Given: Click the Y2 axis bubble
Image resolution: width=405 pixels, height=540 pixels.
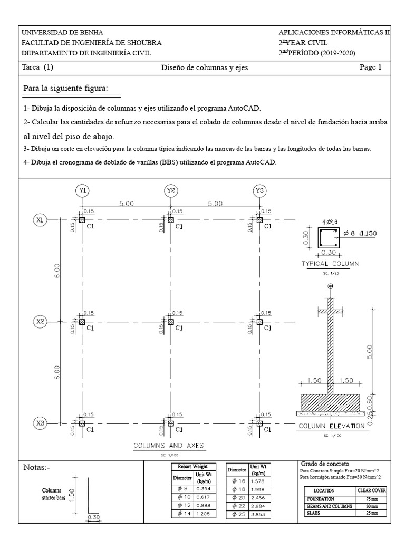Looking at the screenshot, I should point(170,190).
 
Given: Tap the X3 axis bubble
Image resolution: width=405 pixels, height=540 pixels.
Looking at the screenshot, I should point(40,423).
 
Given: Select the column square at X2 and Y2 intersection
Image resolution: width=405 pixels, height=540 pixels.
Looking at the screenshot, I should point(170,321).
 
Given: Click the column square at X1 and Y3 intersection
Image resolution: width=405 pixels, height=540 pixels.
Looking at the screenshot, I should point(259,220).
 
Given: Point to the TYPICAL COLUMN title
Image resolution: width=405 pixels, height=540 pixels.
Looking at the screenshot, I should point(330,263).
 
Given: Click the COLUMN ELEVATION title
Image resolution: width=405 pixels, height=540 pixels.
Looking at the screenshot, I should point(331,426).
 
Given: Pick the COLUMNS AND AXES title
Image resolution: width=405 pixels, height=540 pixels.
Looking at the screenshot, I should point(169,445).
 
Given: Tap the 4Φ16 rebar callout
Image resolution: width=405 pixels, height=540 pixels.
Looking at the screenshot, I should point(330,221).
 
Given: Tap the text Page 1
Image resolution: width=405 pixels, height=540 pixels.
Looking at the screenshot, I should point(370,67).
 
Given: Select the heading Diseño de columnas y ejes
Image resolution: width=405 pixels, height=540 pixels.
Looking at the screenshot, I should point(204,67).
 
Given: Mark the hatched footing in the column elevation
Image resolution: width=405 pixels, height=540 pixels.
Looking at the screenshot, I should point(330,402).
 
